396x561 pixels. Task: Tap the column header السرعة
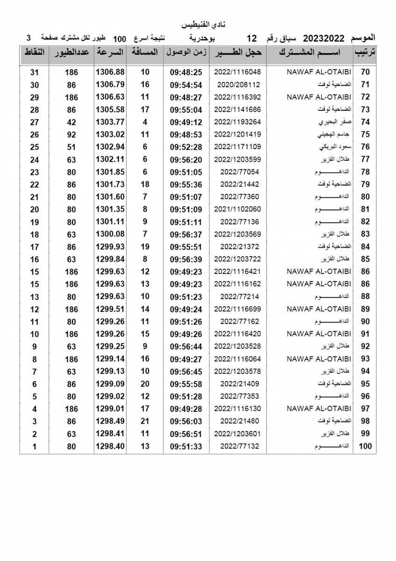pyautogui.click(x=110, y=52)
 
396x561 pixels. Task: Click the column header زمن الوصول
pyautogui.click(x=185, y=52)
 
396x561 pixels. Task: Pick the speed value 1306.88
pyautogui.click(x=110, y=72)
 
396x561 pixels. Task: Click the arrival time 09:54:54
pyautogui.click(x=186, y=85)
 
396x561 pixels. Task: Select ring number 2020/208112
pyautogui.click(x=238, y=85)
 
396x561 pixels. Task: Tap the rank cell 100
pyautogui.click(x=365, y=446)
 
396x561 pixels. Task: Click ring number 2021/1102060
pyautogui.click(x=237, y=209)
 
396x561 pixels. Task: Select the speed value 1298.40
pyautogui.click(x=110, y=446)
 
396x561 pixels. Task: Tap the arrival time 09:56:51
pyautogui.click(x=186, y=434)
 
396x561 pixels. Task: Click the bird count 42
pyautogui.click(x=71, y=122)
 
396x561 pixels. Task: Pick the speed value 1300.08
pyautogui.click(x=110, y=234)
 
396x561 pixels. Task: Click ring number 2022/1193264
pyautogui.click(x=237, y=122)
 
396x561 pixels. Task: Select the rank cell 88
pyautogui.click(x=365, y=297)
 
